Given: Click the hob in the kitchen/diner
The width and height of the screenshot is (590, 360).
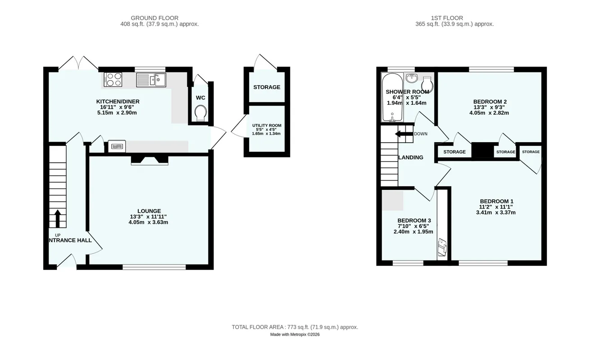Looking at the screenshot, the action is click(113, 80).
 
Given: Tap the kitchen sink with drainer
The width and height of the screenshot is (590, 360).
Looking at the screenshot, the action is click(151, 80).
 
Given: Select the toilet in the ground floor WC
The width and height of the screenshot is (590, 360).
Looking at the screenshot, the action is click(201, 113).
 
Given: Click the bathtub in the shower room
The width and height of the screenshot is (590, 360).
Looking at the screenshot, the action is click(392, 97).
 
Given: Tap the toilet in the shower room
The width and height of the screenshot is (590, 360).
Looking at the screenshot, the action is click(427, 84).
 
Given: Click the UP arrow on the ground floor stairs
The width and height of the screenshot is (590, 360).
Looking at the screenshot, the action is click(58, 218).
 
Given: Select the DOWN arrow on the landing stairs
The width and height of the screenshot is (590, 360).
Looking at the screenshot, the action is click(404, 134).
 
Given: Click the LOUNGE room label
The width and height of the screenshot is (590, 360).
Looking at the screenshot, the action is click(149, 211).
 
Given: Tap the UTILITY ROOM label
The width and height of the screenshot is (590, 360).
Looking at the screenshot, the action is click(267, 126).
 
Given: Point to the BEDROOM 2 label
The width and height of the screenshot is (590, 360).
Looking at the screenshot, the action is click(490, 102).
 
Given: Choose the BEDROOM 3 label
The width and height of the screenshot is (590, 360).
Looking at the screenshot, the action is click(414, 220).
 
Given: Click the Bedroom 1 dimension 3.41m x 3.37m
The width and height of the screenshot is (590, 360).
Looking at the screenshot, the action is click(496, 213).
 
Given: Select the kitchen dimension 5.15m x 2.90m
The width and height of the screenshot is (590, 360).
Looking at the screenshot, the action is click(117, 113).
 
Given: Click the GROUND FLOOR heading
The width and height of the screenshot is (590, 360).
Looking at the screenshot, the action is click(154, 18).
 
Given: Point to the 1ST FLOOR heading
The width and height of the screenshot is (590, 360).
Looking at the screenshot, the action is click(447, 18).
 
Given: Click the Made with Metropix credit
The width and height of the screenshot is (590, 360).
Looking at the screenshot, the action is click(295, 334).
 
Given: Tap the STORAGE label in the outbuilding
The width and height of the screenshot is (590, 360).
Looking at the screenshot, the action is click(267, 87).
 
